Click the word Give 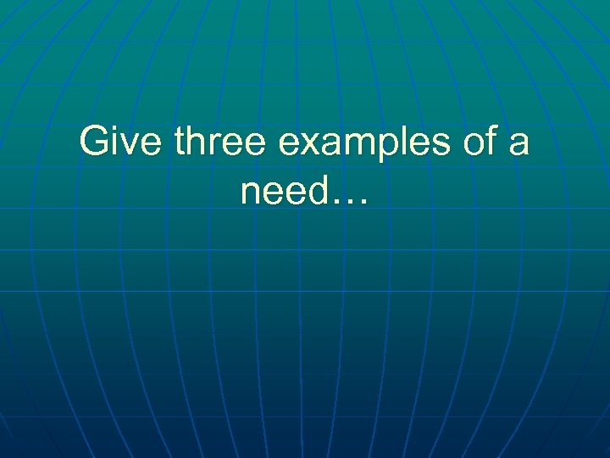(x=123, y=142)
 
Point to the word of (x=481, y=142)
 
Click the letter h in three (x=197, y=142)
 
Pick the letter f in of (x=491, y=142)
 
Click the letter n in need (x=251, y=194)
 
